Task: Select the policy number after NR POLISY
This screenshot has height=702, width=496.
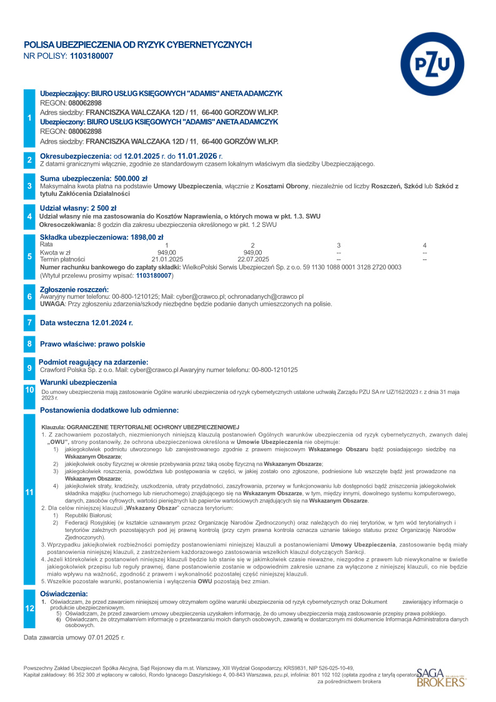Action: [x=92, y=56]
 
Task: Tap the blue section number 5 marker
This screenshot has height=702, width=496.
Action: [x=29, y=256]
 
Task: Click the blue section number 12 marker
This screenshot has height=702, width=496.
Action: [x=29, y=607]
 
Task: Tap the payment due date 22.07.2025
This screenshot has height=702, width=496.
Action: [x=253, y=259]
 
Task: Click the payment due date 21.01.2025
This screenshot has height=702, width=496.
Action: [x=167, y=259]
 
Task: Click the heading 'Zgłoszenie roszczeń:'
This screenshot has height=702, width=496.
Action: [x=74, y=289]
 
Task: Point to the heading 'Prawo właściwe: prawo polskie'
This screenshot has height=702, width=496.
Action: [x=92, y=344]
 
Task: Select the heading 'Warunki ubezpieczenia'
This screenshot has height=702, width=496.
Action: [x=78, y=382]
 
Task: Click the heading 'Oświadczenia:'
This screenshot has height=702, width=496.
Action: [x=64, y=593]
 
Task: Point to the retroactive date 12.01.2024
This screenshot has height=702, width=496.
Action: [x=112, y=323]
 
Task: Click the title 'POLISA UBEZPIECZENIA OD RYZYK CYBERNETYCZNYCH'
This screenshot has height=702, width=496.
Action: [x=137, y=45]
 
